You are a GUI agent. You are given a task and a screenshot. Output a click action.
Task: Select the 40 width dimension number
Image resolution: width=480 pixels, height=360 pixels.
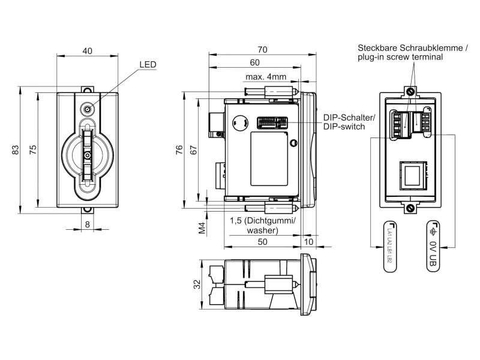88,52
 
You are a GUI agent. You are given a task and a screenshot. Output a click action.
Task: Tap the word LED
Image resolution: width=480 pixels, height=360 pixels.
148,65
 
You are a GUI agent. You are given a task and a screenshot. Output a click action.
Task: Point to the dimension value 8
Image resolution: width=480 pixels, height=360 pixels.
88,224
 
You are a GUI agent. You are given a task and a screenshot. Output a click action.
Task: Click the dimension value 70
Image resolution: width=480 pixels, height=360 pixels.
262,49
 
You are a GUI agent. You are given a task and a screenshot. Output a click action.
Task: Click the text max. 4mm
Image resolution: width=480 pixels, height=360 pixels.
266,77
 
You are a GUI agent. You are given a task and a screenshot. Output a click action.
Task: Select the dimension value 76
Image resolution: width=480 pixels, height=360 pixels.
179,151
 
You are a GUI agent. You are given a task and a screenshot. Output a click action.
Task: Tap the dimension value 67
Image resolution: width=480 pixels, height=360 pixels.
193,151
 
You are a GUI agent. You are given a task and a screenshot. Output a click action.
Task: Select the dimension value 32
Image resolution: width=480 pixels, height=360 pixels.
198,284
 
